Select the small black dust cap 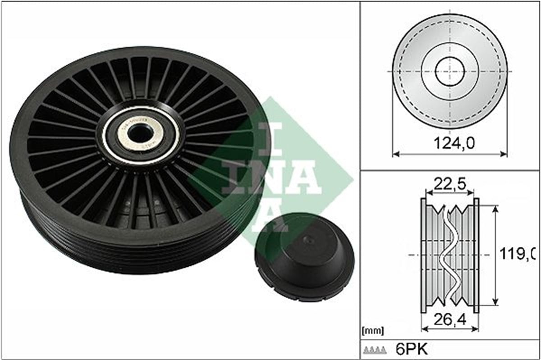(x=304, y=257)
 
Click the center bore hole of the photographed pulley (x=140, y=133)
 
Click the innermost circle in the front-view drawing (x=450, y=72)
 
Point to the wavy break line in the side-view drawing (x=449, y=255)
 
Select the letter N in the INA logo (x=276, y=177)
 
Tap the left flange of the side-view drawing (x=423, y=255)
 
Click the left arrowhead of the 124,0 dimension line (x=395, y=155)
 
